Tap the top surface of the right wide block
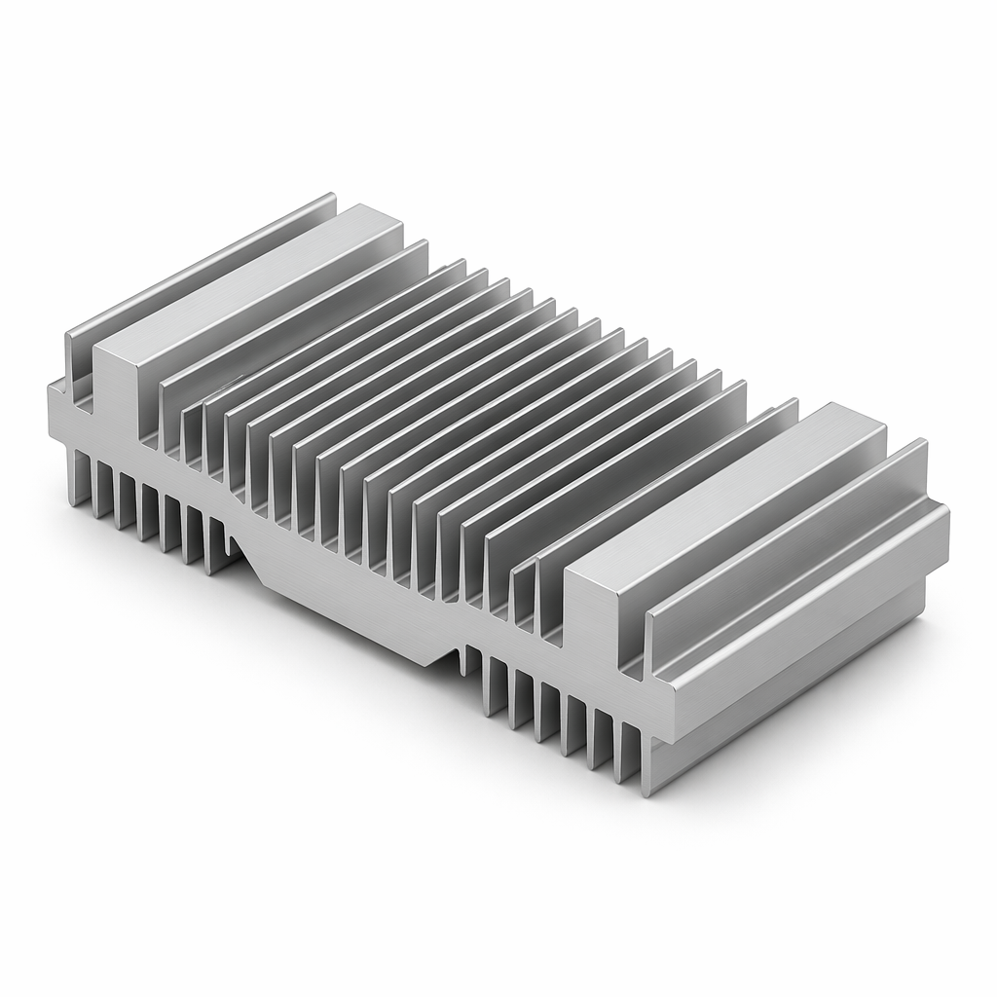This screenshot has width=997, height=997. pyautogui.click(x=730, y=487)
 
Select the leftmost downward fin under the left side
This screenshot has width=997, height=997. pyautogui.click(x=76, y=477)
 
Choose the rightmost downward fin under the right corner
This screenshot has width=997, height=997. pyautogui.click(x=643, y=759)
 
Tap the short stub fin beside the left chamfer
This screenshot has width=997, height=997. pyautogui.click(x=230, y=546)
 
